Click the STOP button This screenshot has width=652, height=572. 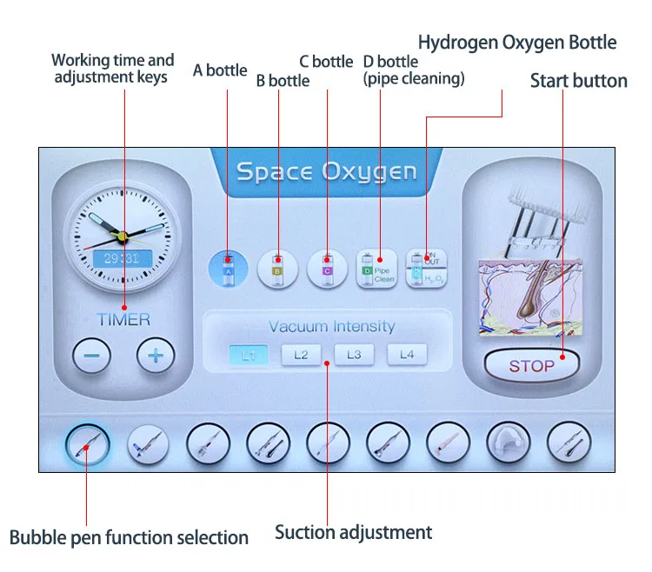531,365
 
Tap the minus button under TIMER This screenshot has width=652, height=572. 91,355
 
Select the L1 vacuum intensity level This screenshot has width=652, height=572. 249,355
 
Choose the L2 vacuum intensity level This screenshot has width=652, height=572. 301,355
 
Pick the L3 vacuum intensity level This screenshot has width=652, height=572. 354,355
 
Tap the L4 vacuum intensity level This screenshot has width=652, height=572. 407,355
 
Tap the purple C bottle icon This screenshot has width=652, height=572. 328,268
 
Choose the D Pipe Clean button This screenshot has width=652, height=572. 376,268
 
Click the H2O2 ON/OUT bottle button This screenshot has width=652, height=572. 425,268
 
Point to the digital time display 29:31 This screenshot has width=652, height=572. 122,258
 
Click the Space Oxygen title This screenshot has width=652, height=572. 326,170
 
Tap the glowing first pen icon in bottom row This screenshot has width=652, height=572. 87,445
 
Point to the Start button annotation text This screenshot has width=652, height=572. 578,81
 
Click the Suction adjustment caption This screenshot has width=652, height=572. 353,532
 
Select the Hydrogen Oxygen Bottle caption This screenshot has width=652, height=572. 517,42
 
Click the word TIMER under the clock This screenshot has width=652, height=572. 123,319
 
